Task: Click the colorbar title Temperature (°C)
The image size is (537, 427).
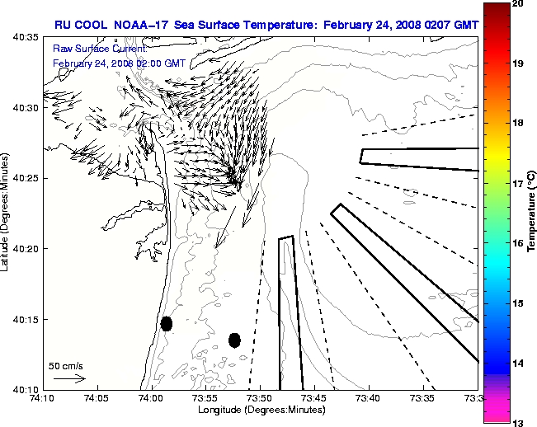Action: coord(532,213)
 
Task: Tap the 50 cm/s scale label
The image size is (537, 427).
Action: coord(65,365)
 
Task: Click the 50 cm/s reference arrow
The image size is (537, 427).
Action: coord(68,378)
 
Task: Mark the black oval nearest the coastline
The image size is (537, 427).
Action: coord(167,323)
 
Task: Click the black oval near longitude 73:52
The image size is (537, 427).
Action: coord(234,340)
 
